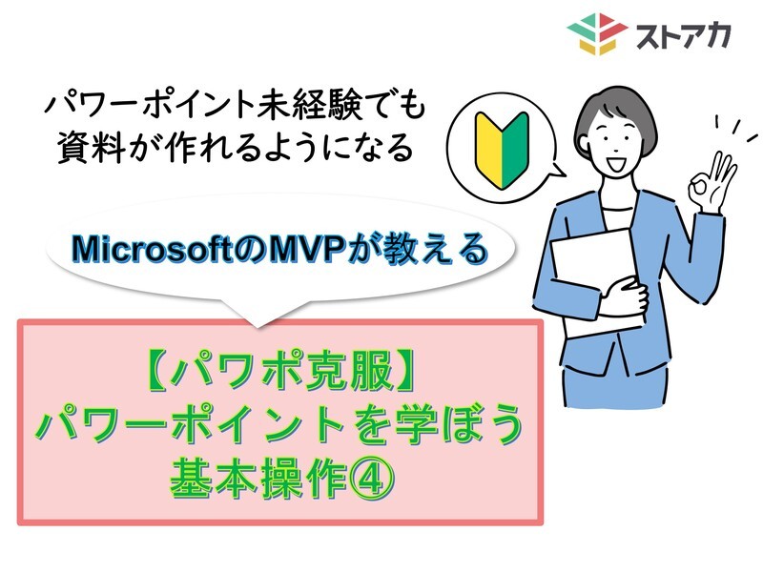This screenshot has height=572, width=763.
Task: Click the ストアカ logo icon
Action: click(598, 34)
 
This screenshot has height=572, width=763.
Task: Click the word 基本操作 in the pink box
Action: click(258, 480)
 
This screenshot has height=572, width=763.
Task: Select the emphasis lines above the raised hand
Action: click(736, 128)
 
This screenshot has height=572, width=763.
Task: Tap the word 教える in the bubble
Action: click(435, 249)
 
